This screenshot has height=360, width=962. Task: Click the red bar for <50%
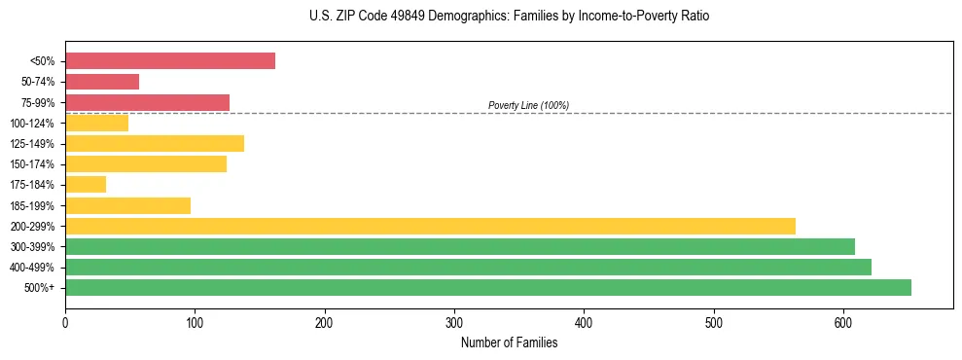pyautogui.click(x=170, y=61)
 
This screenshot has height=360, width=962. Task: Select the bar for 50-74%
pyautogui.click(x=102, y=82)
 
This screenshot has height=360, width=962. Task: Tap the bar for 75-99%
pyautogui.click(x=147, y=102)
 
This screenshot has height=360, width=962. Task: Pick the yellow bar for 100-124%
pyautogui.click(x=96, y=123)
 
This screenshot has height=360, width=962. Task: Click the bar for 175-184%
pyautogui.click(x=86, y=185)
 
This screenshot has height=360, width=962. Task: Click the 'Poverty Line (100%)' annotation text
pyautogui.click(x=528, y=105)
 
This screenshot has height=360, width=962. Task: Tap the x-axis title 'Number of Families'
pyautogui.click(x=509, y=342)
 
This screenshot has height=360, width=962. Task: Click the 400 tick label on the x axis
pyautogui.click(x=584, y=323)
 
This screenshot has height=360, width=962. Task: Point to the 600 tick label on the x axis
pyautogui.click(x=843, y=323)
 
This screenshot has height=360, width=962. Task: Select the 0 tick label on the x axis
pyautogui.click(x=65, y=323)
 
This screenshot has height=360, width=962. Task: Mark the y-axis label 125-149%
pyautogui.click(x=32, y=144)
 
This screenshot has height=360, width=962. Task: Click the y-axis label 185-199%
pyautogui.click(x=32, y=205)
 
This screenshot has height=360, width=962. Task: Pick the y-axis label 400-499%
pyautogui.click(x=32, y=268)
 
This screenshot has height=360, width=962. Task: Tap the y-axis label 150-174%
pyautogui.click(x=32, y=164)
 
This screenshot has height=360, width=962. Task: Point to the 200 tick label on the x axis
pyautogui.click(x=325, y=323)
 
